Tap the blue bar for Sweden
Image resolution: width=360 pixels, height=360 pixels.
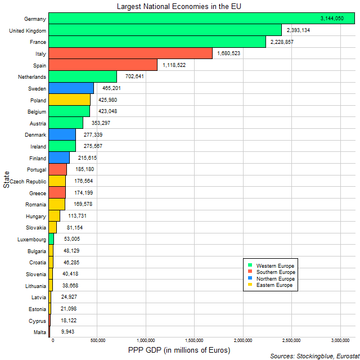(71, 88)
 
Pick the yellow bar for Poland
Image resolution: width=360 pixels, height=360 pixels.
(69, 100)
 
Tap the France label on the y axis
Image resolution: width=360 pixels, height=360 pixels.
(38, 42)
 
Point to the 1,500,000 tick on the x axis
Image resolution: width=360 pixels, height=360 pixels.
(195, 341)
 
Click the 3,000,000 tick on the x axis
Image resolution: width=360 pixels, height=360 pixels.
(340, 341)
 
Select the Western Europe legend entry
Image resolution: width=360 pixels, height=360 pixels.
(275, 265)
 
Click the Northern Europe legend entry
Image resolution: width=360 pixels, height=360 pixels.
(275, 279)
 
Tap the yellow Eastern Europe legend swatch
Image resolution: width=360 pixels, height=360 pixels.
(249, 286)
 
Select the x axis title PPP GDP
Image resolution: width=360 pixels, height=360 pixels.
(179, 351)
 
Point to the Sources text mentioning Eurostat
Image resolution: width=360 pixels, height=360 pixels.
(313, 356)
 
